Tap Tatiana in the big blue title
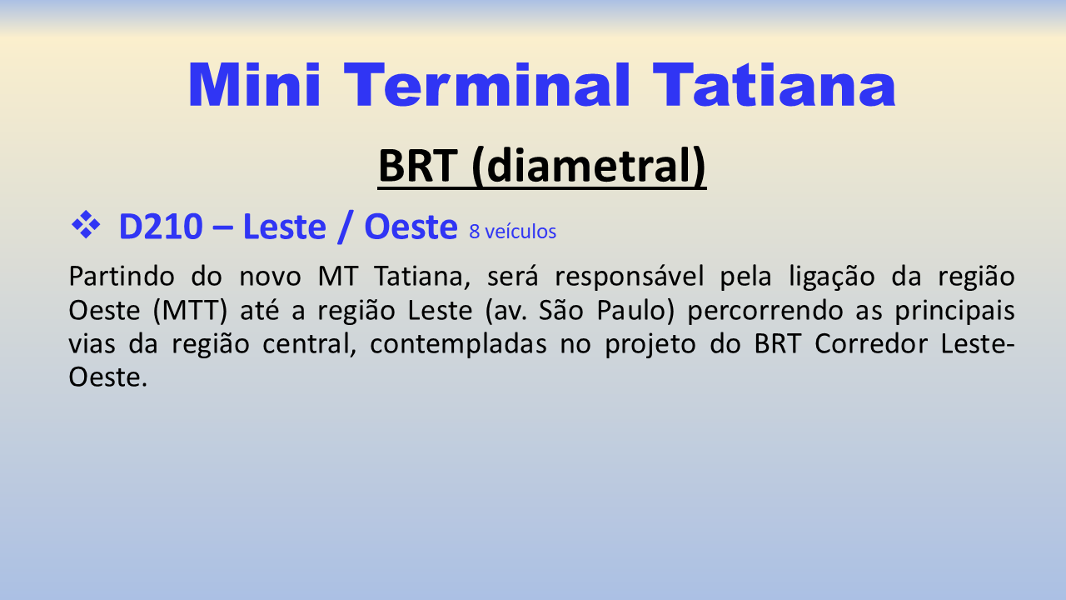coord(775,85)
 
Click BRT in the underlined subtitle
coord(418,166)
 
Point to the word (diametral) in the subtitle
coord(589,166)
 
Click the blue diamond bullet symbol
coord(86,224)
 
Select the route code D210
coord(161,227)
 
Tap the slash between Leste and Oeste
coord(345,227)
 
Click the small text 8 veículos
coord(512,232)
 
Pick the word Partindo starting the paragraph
coord(122,276)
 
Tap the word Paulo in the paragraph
coord(635,311)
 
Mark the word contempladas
coord(458,345)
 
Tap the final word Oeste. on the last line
coord(108,377)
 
